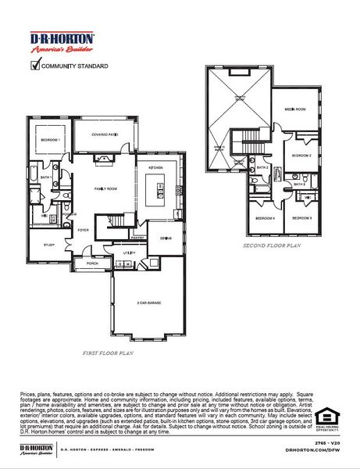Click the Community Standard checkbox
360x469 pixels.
point(34,66)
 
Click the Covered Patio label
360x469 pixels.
point(105,134)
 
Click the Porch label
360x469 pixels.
point(92,263)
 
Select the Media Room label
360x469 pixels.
point(294,109)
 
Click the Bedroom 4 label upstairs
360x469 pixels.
point(265,218)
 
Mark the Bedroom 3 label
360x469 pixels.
point(301,218)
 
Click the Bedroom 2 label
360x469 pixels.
point(301,156)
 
